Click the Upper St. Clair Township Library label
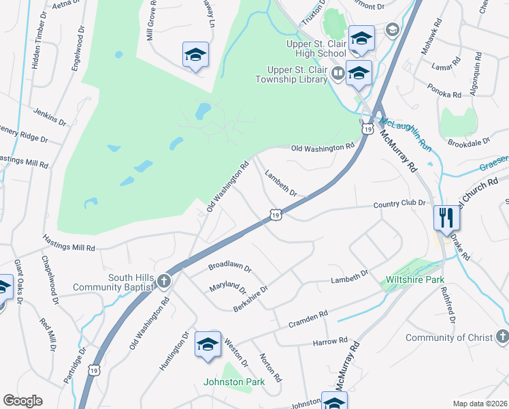(x=297, y=75)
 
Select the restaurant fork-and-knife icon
(x=446, y=218)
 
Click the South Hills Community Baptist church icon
(x=163, y=280)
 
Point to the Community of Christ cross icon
(x=502, y=336)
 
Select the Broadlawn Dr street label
(x=230, y=267)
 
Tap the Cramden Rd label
(x=308, y=318)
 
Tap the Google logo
(x=22, y=401)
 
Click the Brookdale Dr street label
(x=469, y=142)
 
